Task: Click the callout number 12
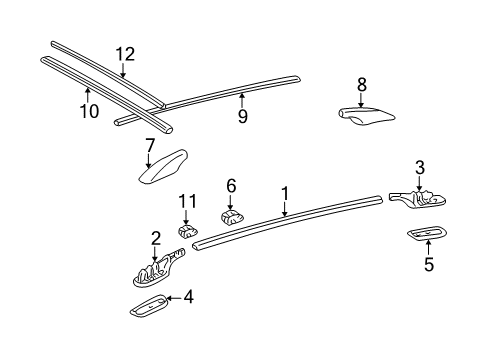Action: [x=125, y=54]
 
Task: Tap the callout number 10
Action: [x=89, y=111]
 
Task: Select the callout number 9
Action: [x=243, y=116]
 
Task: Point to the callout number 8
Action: [x=362, y=84]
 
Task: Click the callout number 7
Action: [x=150, y=146]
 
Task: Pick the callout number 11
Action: [x=187, y=201]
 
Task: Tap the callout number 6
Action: [x=231, y=185]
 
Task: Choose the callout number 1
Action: [x=284, y=193]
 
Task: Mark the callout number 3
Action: [x=420, y=167]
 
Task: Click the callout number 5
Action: [x=429, y=264]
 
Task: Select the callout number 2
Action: [x=155, y=238]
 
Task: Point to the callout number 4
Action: [x=189, y=296]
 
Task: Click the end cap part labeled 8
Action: [x=366, y=117]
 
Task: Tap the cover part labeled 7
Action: [x=163, y=166]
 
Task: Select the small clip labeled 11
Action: [x=187, y=231]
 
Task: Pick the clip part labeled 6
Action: [x=232, y=217]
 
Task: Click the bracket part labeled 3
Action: [x=418, y=199]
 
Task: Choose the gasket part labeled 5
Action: [x=427, y=234]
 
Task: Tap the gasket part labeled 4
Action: [x=149, y=305]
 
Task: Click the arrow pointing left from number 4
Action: [x=174, y=297]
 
